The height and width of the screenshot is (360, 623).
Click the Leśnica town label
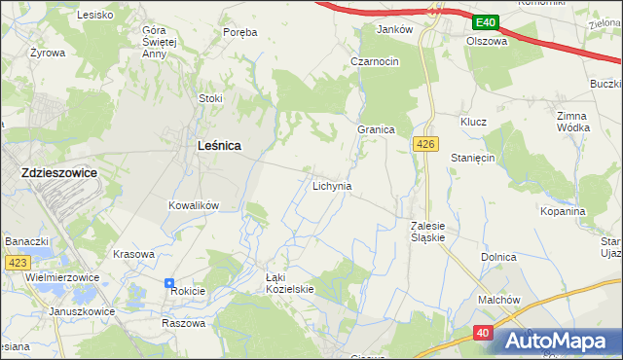click(x=219, y=145)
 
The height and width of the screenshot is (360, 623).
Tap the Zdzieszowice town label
click(x=58, y=172)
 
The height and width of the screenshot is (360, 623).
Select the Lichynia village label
click(x=332, y=185)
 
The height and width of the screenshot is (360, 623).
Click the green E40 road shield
click(x=486, y=21)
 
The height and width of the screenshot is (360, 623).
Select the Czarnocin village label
click(x=375, y=61)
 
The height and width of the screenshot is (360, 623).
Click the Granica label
click(x=375, y=129)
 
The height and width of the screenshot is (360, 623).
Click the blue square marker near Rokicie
click(x=169, y=280)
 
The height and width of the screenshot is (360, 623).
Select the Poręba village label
click(x=239, y=32)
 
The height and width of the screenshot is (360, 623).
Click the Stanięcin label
click(x=474, y=157)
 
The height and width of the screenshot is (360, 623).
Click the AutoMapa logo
click(x=559, y=341)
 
